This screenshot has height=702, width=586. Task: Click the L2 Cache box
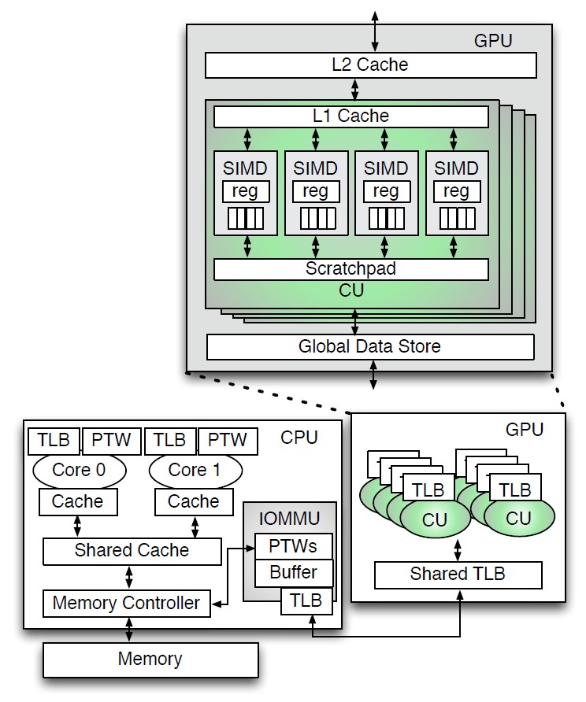tap(369, 65)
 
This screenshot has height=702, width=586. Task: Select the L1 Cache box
tap(351, 116)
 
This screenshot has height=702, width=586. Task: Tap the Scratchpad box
tap(351, 268)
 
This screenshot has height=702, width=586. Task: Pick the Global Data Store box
tap(369, 346)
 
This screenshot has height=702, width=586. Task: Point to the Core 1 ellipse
tap(195, 471)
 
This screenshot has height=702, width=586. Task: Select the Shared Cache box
tap(132, 551)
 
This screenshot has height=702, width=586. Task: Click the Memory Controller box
tap(126, 604)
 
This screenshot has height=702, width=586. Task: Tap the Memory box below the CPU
tap(150, 660)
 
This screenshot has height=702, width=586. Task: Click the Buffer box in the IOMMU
tap(293, 572)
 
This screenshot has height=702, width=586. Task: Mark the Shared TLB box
tap(458, 575)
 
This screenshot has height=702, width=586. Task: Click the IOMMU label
tap(288, 519)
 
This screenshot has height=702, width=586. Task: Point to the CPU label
tap(299, 438)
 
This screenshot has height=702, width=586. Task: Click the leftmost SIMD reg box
tap(246, 191)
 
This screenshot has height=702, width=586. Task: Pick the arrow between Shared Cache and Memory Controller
tap(129, 578)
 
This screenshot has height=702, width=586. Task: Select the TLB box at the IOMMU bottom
tap(306, 601)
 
